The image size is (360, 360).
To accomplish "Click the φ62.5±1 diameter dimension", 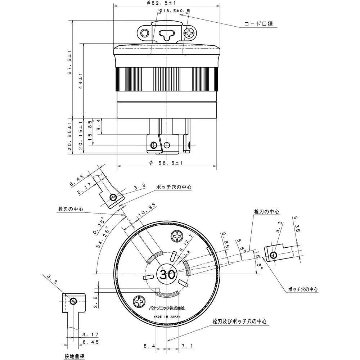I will tap(167, 3).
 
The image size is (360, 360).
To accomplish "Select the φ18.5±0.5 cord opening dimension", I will tap(174, 11).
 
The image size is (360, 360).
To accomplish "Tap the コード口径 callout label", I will tap(258, 24).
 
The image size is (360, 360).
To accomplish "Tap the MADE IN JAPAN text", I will tap(167, 317).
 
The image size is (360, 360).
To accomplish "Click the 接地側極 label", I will tap(75, 356).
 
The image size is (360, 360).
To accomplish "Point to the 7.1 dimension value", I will tap(187, 346).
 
